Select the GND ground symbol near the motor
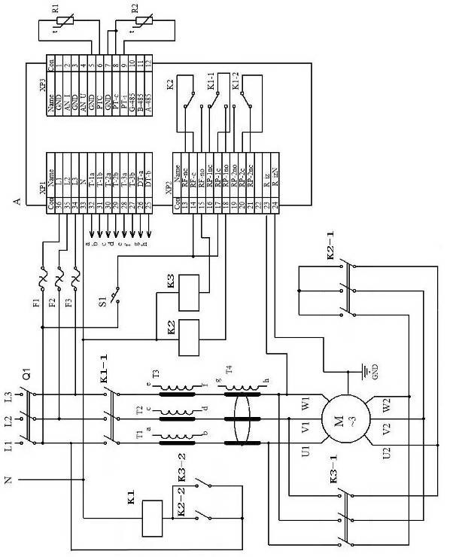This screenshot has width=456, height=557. (x=364, y=372)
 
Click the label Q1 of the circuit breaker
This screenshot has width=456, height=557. (x=26, y=374)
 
